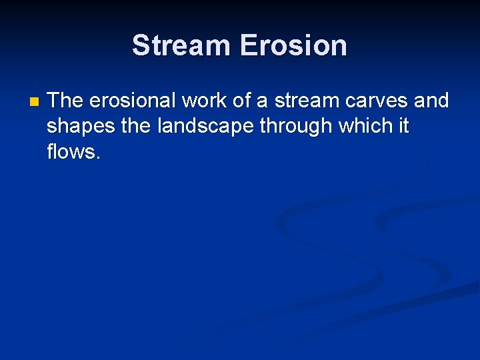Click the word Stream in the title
coord(181,45)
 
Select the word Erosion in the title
coord(293,45)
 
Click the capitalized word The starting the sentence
coord(65,101)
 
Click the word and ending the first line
coord(432,101)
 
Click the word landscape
coord(205,127)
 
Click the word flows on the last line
coord(72,151)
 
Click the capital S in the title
coord(141,45)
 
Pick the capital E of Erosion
coord(248,45)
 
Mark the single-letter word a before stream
coord(262,101)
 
